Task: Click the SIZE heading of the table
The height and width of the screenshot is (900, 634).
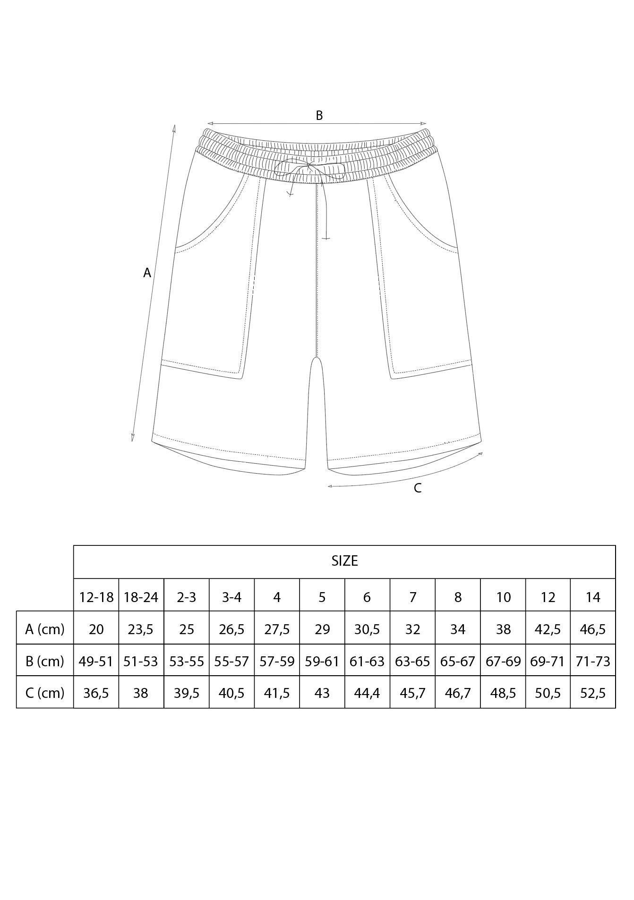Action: point(344,561)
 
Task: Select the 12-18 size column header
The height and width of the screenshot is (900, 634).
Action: point(96,597)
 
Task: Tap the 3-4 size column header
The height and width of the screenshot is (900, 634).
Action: point(231,597)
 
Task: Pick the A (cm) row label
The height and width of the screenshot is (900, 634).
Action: point(44,629)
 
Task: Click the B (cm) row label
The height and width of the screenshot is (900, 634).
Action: point(44,661)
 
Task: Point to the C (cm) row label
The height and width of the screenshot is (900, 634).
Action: point(44,693)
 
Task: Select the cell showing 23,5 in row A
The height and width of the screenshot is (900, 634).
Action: point(141,629)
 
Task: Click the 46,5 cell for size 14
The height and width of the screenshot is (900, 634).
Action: point(593,629)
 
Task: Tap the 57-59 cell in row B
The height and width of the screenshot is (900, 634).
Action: point(277,661)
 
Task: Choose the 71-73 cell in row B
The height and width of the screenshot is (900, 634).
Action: point(593,661)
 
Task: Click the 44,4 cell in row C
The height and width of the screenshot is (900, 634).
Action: point(367,693)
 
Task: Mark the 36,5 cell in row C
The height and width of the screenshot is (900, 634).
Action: point(96,693)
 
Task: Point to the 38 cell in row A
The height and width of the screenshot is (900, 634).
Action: point(503,629)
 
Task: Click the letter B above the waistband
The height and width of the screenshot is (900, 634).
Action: point(319,115)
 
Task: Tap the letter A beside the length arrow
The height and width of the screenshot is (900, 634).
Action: point(147,273)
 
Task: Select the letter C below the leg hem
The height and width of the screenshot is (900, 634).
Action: point(418,488)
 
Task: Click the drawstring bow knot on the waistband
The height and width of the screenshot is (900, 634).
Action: point(309,167)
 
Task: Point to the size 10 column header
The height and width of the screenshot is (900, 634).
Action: point(503,597)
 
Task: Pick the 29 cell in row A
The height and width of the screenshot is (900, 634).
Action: point(322,629)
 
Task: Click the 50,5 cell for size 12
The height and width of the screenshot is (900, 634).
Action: point(548,693)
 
